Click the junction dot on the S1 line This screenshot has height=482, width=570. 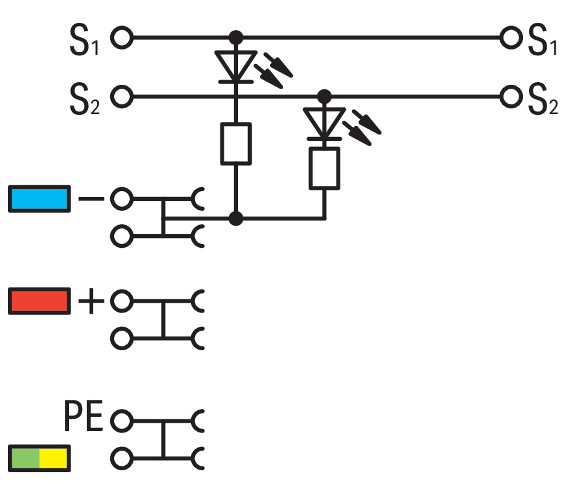pos(236,37)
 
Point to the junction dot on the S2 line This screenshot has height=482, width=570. pos(324,97)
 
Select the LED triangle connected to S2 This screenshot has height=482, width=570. pos(324,123)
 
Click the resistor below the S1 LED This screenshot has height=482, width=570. pos(236,144)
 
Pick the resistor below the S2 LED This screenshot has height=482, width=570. pos(324,168)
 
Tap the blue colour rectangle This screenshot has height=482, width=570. pos(39,199)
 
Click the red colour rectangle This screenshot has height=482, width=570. pos(39,301)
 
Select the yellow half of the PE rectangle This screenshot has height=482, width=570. pos(53,459)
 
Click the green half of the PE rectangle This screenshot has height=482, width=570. pos(25,459)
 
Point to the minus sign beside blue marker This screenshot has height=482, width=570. pos(91,198)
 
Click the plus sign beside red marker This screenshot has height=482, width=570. pos(91,301)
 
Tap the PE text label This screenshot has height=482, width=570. pos(83,415)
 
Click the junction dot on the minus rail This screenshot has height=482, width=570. pos(236,218)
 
